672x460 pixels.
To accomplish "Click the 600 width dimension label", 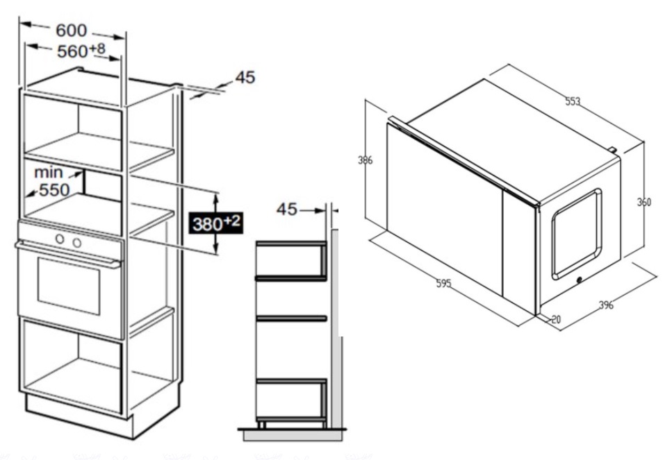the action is point(72,31).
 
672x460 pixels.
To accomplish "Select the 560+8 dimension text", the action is point(81,51).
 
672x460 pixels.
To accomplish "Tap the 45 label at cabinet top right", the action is point(245,77).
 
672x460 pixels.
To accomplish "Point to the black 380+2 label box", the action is point(216,223).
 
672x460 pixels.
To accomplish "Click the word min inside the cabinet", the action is point(49,173).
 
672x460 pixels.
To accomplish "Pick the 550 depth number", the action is point(54,190).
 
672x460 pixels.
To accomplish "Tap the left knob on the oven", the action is point(60,239).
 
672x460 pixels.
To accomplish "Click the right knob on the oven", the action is point(76,243).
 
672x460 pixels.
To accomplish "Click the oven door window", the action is point(69,286).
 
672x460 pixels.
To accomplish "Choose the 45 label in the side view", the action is point(287,210).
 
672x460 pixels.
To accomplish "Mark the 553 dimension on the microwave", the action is point(573,101).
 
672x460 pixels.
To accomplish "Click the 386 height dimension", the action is point(365,160).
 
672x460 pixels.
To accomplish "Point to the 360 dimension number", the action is point(644,201).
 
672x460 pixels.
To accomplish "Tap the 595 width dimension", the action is point(443,283).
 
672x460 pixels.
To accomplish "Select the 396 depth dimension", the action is point(606,305).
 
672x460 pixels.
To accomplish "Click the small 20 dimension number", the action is point(556,319).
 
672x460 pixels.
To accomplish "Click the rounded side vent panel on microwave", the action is point(576,234).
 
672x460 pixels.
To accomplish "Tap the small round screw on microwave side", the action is point(580,280).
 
